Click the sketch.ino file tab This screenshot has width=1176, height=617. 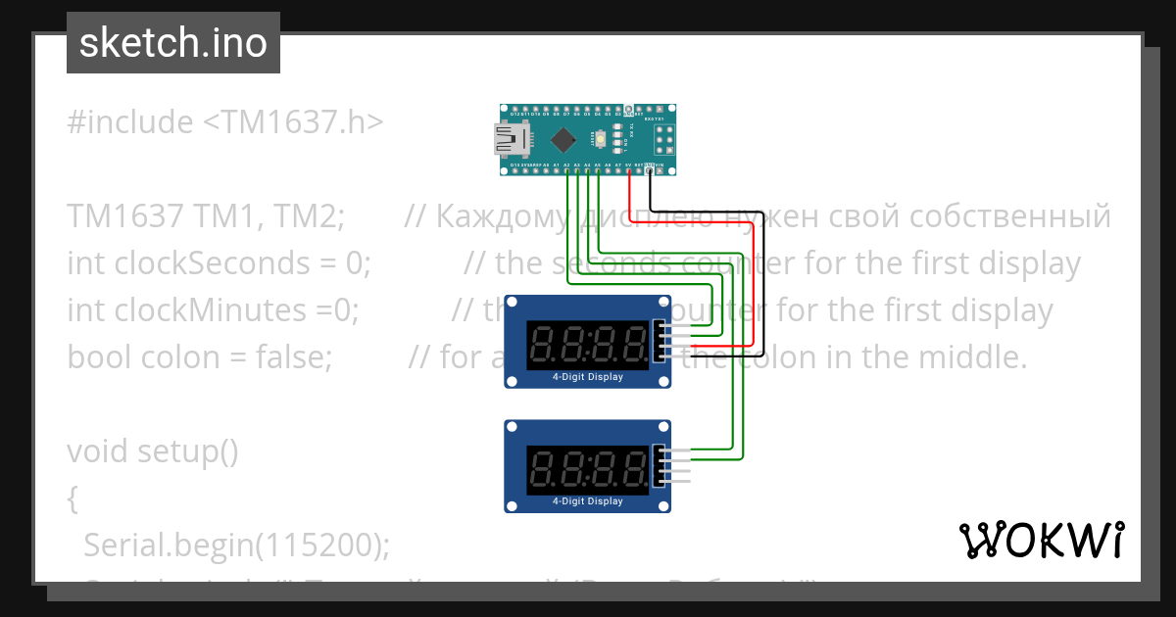tap(173, 43)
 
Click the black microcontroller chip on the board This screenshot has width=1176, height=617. tap(563, 139)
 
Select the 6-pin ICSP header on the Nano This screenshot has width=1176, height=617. tap(664, 141)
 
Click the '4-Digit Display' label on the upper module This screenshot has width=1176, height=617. tap(588, 376)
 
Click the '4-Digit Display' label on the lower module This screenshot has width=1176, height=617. tap(588, 500)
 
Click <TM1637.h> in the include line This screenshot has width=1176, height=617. tap(293, 122)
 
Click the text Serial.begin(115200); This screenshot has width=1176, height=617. tap(236, 546)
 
